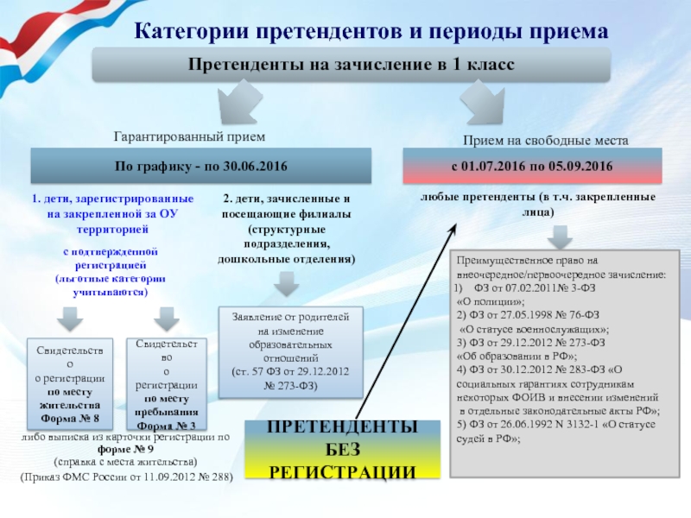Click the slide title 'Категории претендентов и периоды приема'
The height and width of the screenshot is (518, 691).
(371, 31)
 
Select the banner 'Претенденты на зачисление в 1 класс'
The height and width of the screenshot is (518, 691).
(352, 66)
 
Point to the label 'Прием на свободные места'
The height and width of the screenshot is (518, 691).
(545, 139)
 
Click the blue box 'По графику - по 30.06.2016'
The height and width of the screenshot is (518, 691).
(201, 165)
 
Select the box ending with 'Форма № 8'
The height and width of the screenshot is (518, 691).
(70, 385)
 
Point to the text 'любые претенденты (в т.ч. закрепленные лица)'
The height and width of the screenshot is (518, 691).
(537, 204)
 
